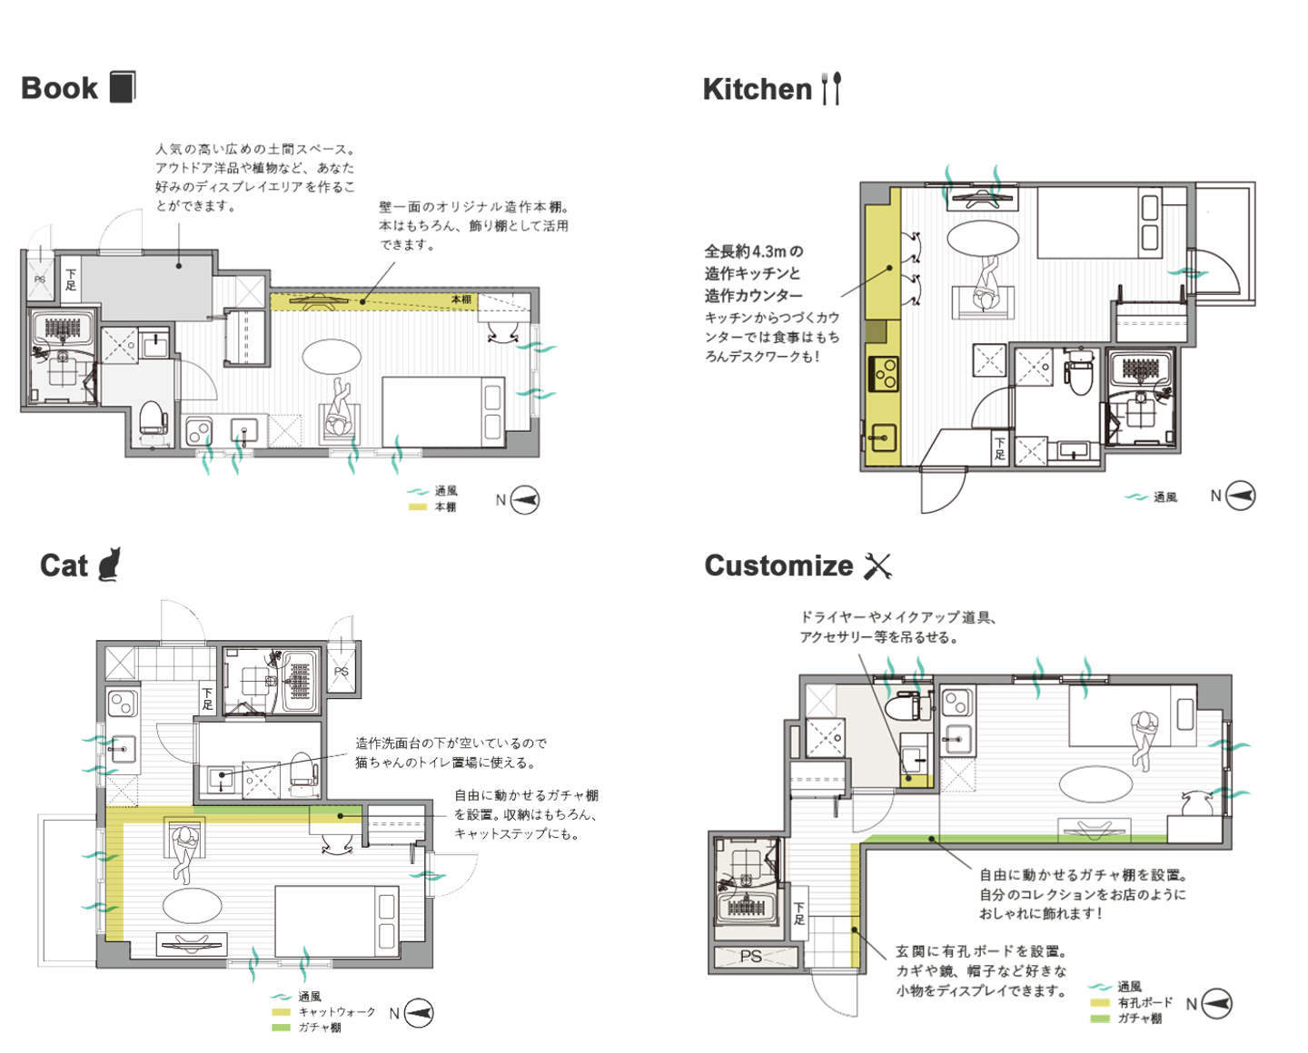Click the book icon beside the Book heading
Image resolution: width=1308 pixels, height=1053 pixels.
pyautogui.click(x=123, y=87)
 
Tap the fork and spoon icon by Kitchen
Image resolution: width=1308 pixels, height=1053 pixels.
pyautogui.click(x=831, y=89)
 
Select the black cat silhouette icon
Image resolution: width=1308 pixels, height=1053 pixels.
pyautogui.click(x=109, y=565)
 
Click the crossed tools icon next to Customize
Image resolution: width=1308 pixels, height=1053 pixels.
pyautogui.click(x=877, y=566)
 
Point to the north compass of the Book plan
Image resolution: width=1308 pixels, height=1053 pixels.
pyautogui.click(x=524, y=500)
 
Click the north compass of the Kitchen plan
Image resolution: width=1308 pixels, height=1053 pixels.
pyautogui.click(x=1240, y=496)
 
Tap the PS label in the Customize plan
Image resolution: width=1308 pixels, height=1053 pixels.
pyautogui.click(x=750, y=957)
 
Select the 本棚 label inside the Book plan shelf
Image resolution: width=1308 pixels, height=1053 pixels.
pyautogui.click(x=461, y=300)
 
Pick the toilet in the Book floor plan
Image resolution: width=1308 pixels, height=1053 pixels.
pyautogui.click(x=154, y=417)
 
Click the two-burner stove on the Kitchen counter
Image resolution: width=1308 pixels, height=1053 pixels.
pyautogui.click(x=883, y=374)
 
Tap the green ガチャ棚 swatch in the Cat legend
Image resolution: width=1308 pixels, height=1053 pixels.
pyautogui.click(x=281, y=1028)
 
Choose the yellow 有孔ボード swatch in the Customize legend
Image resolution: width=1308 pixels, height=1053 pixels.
pyautogui.click(x=1100, y=1003)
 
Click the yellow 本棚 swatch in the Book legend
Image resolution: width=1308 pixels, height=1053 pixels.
pyautogui.click(x=418, y=507)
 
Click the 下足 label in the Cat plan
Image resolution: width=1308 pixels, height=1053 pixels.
pyautogui.click(x=207, y=699)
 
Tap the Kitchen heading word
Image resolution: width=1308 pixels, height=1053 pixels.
pyautogui.click(x=758, y=89)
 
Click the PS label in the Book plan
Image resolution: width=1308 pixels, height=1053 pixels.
pyautogui.click(x=39, y=280)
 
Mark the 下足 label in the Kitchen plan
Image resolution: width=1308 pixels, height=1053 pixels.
pyautogui.click(x=1000, y=448)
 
